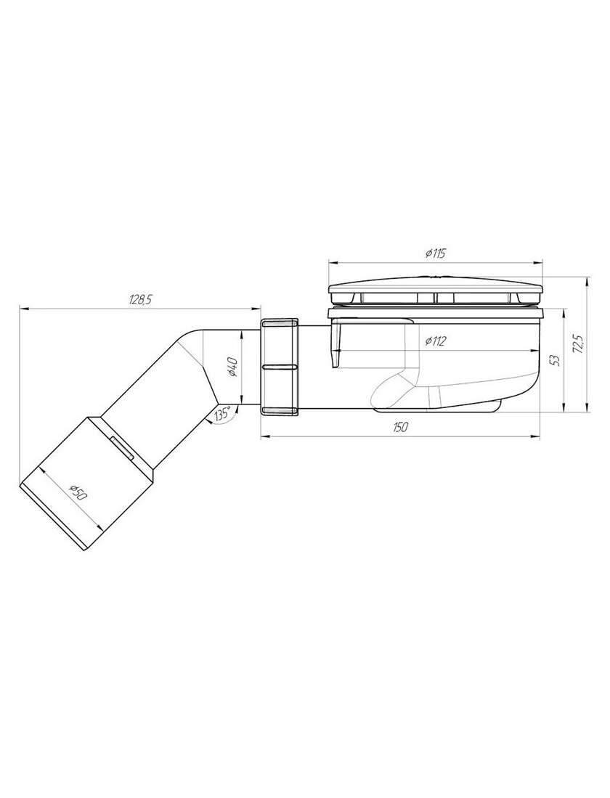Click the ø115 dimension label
(434, 253)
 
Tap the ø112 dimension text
(434, 341)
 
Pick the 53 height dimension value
(556, 360)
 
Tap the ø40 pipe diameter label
(232, 367)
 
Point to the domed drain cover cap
(436, 292)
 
